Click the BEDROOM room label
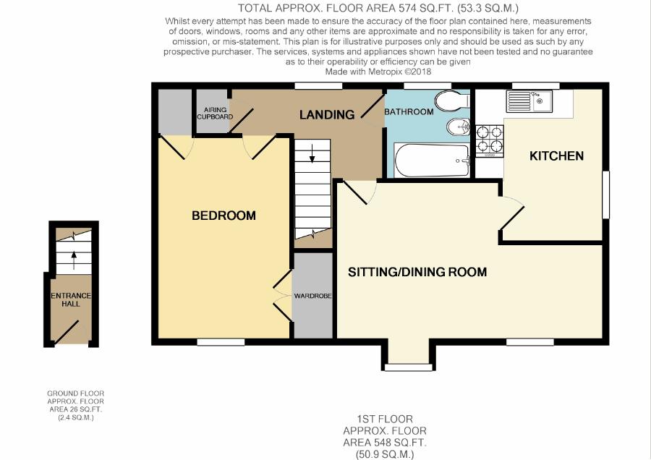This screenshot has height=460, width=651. [x=224, y=216]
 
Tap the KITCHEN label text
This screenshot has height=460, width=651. [x=556, y=156]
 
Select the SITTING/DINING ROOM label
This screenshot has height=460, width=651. [x=417, y=272]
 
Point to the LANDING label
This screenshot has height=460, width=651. [x=327, y=114]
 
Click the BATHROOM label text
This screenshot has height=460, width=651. [x=409, y=111]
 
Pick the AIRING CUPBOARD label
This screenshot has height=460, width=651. [x=215, y=114]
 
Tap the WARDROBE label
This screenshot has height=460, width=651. [x=312, y=296]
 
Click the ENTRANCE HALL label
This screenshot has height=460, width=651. [x=71, y=299]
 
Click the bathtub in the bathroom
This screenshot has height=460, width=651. [x=432, y=161]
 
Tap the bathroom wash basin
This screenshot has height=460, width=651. [x=458, y=127]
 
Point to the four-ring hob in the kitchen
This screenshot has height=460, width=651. [x=490, y=141]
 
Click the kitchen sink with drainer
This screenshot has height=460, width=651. [x=529, y=101]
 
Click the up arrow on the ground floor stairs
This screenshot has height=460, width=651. [x=74, y=260]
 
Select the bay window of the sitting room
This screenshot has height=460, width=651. [x=409, y=367]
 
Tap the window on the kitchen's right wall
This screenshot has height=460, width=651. [x=605, y=195]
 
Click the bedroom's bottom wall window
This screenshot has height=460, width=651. [x=221, y=341]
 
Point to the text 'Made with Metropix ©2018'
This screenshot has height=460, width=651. [x=378, y=72]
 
